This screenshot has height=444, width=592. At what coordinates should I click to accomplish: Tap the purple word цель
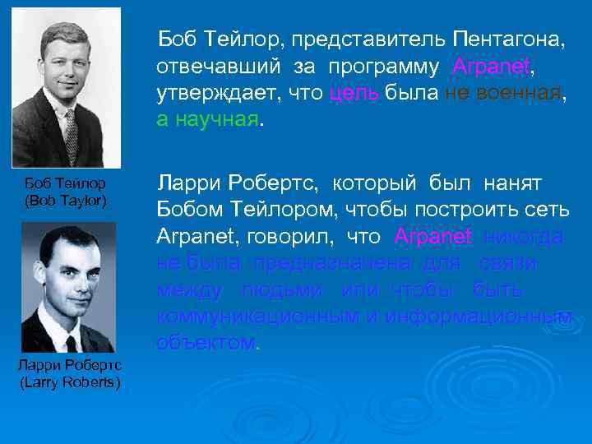(x=354, y=93)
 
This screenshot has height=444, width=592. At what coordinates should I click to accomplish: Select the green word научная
(x=216, y=119)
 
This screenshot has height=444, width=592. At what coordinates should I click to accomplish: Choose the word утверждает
(x=215, y=93)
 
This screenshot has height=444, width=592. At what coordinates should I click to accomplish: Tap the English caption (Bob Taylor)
(x=66, y=200)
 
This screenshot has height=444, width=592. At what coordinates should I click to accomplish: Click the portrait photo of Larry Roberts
(x=68, y=287)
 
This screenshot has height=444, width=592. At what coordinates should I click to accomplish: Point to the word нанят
(x=520, y=183)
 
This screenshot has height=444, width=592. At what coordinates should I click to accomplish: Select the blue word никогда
(x=524, y=237)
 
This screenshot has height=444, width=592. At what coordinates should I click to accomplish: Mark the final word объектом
(x=206, y=343)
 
